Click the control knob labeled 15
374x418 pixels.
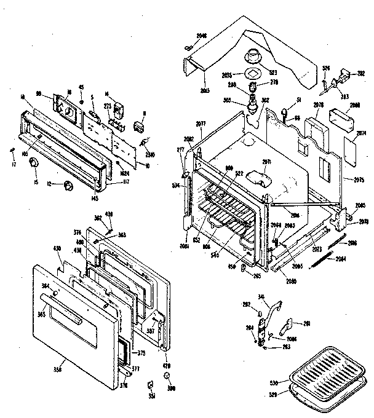pos(34,162)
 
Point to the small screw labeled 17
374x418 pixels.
pos(12,150)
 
